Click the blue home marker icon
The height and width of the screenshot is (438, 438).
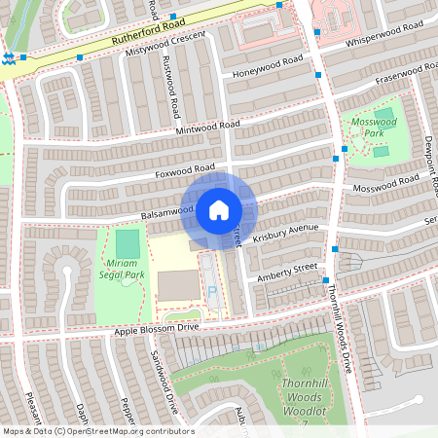coord(219,210)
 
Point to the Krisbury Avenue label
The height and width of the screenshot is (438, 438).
coord(285,234)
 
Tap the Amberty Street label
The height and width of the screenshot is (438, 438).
coord(287,273)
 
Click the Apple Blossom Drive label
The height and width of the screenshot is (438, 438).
coord(156,329)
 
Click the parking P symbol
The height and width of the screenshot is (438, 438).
coord(212,290)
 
